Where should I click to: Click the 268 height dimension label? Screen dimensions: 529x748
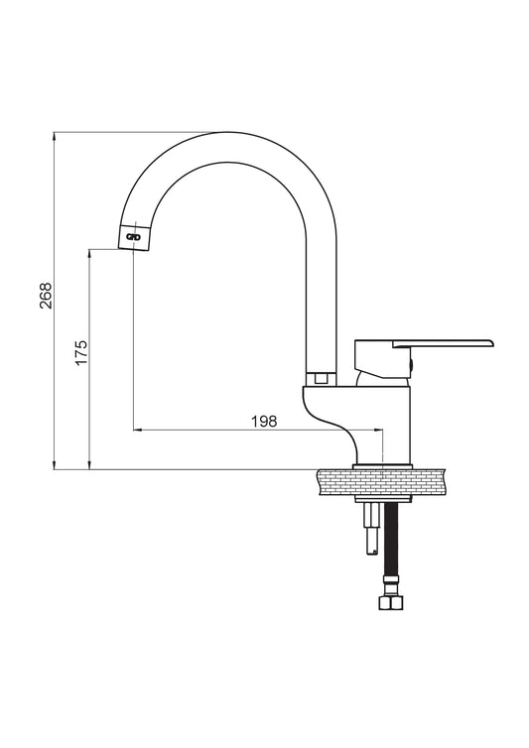46,296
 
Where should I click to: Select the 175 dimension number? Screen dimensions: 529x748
81,352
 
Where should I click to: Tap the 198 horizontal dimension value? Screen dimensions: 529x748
264,422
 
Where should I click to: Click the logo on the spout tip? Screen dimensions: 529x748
133,237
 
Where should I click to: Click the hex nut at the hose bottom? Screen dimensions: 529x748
391,602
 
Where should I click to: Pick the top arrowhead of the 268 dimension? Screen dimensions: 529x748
55,136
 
